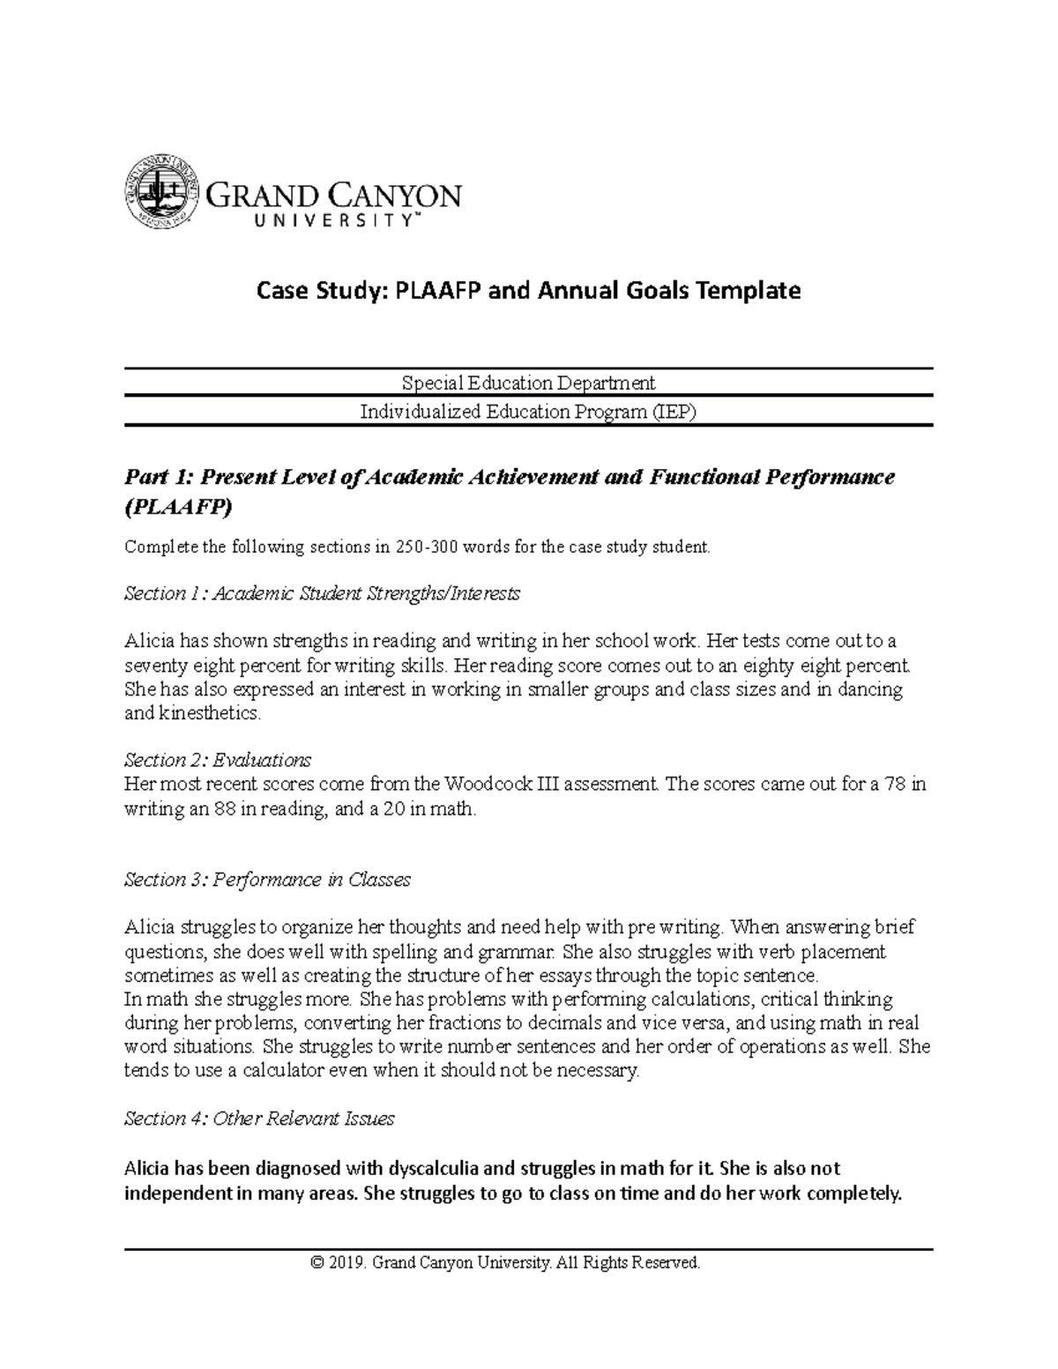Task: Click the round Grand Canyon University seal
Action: pyautogui.click(x=160, y=192)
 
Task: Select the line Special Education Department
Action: pyautogui.click(x=528, y=383)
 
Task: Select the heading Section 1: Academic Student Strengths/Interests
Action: pyautogui.click(x=322, y=594)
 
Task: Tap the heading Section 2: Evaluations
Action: pyautogui.click(x=218, y=760)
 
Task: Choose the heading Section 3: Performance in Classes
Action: pyautogui.click(x=267, y=880)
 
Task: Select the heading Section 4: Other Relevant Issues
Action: pyautogui.click(x=259, y=1119)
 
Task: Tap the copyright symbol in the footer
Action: pyautogui.click(x=317, y=1263)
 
